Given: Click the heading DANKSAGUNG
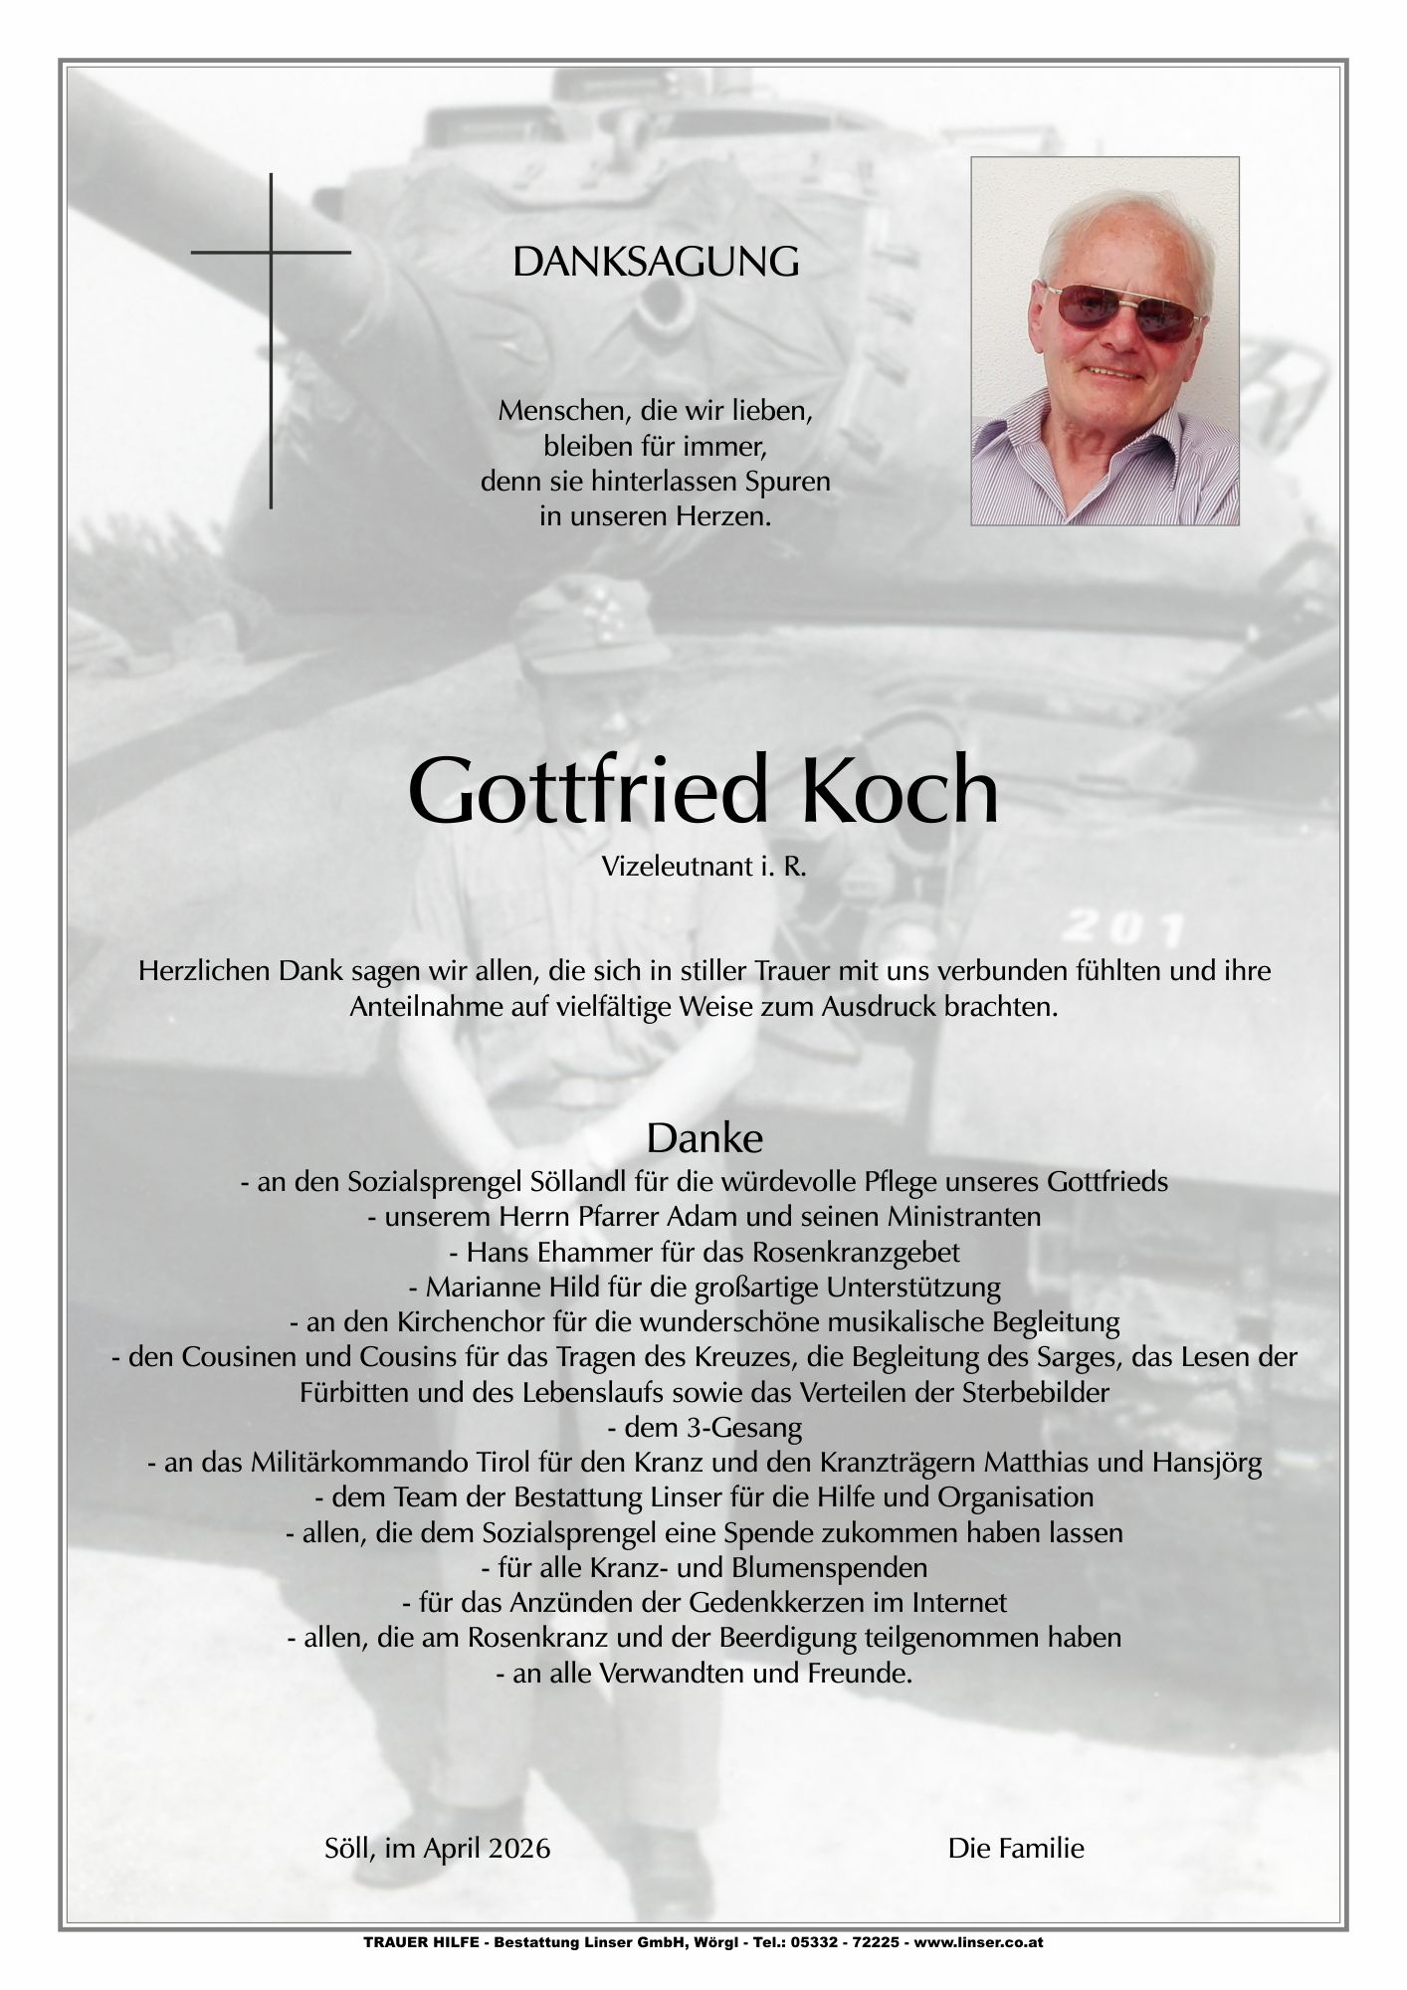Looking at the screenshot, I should (655, 263).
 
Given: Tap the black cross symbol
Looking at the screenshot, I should (271, 298).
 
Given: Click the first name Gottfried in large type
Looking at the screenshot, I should (589, 792).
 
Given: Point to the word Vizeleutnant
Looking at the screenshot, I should (663, 867).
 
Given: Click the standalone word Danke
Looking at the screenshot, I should (703, 1137).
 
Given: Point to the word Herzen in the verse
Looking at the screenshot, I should (723, 516).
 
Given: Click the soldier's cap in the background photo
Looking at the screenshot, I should (587, 627).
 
